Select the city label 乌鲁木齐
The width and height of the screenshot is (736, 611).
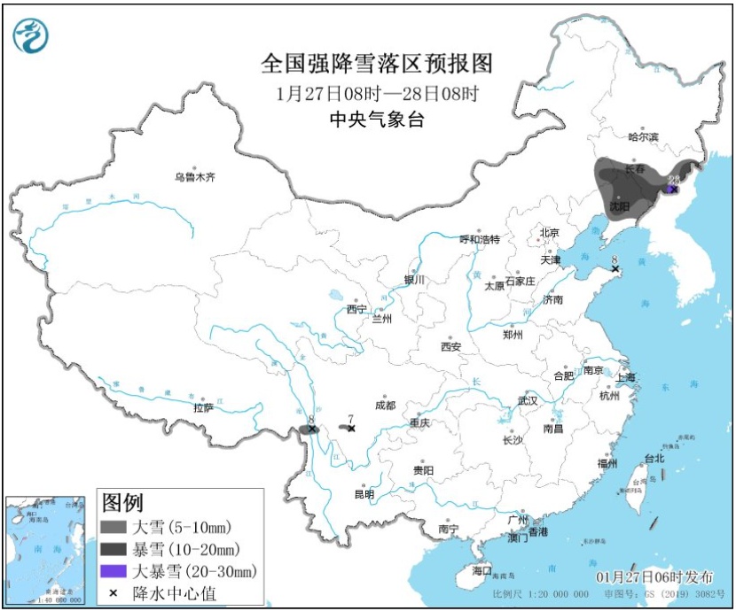[x=194, y=177]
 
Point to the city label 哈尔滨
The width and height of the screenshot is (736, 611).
[x=643, y=137]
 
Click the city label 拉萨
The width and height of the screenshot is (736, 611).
[x=203, y=407]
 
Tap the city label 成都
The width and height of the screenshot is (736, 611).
[x=385, y=405]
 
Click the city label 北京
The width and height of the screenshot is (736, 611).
[x=550, y=233]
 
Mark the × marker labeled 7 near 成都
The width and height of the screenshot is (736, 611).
[x=351, y=429]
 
